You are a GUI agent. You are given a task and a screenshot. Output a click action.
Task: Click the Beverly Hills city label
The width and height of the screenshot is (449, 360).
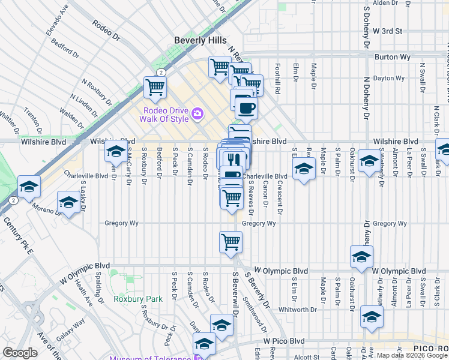click(x=200, y=40)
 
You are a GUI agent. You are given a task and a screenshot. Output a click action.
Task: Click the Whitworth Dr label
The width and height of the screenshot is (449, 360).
click(x=299, y=310)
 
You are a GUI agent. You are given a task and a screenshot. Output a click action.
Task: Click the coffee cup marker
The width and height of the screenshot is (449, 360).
click(x=246, y=108)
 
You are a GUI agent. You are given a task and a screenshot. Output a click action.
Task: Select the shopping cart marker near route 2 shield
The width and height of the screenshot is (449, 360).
click(x=155, y=87)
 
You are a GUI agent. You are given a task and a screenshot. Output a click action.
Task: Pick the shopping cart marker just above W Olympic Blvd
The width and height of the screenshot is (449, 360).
click(x=231, y=242)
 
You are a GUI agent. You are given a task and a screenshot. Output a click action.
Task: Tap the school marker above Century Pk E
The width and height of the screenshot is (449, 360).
click(x=29, y=187)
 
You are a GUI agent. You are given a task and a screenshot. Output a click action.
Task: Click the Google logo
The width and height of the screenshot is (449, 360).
click(x=20, y=353)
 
